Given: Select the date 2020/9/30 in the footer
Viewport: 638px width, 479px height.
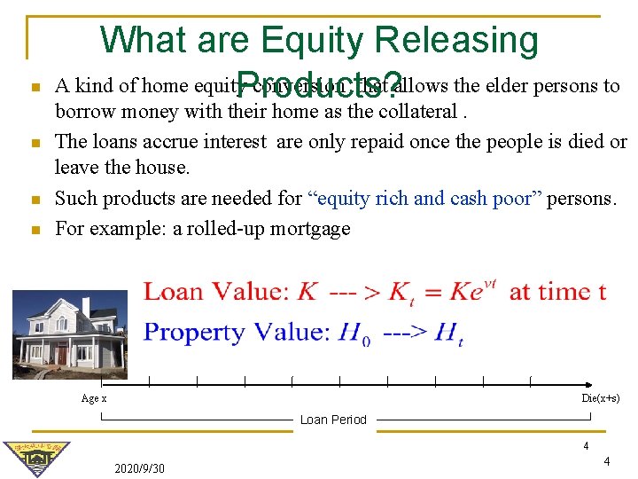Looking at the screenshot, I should click(x=139, y=467).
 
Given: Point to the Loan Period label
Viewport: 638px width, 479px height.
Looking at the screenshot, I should click(x=333, y=420).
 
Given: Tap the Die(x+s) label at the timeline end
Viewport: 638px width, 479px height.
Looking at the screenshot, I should click(x=600, y=398).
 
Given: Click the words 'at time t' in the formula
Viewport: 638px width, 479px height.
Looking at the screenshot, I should click(x=557, y=292).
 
